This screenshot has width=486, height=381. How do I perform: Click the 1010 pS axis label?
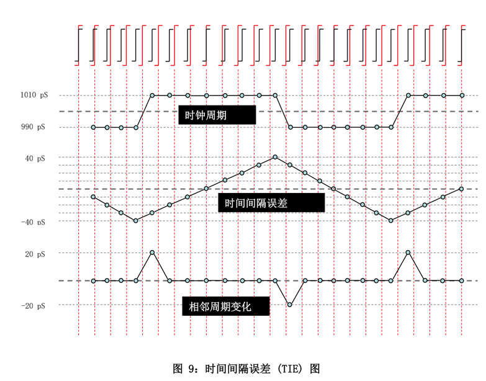coord(34,95)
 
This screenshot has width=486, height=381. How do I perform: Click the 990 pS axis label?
coord(33,127)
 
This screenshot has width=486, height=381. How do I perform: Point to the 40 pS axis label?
coord(35,159)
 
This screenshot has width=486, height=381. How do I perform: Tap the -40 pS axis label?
coord(33,222)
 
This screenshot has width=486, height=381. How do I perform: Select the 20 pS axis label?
coord(35,254)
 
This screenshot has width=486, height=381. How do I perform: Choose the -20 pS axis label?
coord(33,306)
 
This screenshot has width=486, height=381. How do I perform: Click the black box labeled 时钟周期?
coord(217,115)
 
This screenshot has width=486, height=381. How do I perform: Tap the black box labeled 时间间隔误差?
coord(271,203)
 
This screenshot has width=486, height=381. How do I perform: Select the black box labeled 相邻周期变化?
coord(226,307)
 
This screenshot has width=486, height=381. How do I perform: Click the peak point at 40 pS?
coord(275,157)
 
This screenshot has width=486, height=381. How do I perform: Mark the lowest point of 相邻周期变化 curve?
coord(289,305)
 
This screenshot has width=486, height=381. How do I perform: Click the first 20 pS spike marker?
coord(152,253)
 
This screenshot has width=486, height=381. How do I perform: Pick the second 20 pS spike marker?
coord(408,253)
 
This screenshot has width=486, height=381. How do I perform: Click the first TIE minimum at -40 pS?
coord(136,220)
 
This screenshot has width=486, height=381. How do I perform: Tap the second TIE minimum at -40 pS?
coord(391,220)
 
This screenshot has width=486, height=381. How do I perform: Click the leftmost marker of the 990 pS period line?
coord(93,127)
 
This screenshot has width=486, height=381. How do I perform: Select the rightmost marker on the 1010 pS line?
coord(462,96)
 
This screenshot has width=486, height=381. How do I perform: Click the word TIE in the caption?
coord(290,369)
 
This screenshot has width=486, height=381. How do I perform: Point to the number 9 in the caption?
coord(191,369)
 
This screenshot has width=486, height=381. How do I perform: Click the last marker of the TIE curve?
coord(462,189)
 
